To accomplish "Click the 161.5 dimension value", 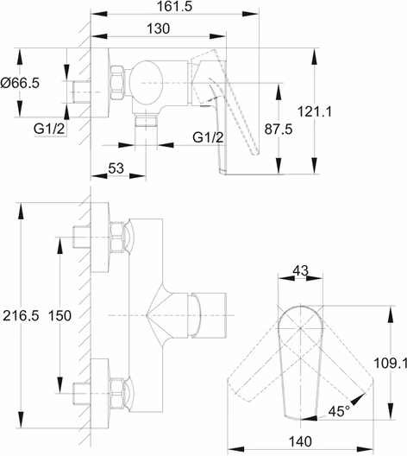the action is (174, 6).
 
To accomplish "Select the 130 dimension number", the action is (158, 28).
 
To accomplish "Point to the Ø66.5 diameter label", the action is (20, 83).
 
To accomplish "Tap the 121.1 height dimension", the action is (315, 111).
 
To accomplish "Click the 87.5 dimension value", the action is (279, 130).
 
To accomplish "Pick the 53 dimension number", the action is (116, 168).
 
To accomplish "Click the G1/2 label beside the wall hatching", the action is (49, 129).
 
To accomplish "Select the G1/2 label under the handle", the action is (208, 137).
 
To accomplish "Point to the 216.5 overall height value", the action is (21, 316).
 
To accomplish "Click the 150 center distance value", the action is (59, 316).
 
